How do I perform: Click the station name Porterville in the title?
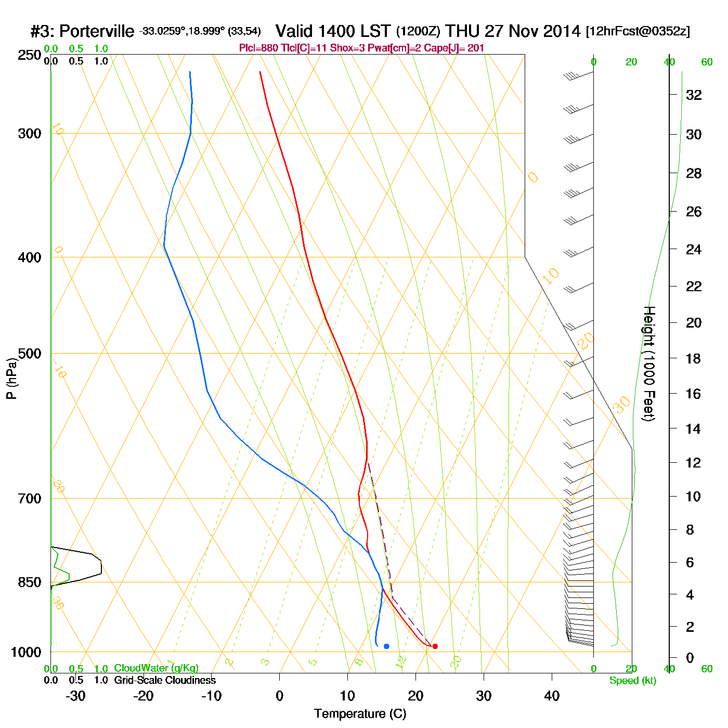click(97, 32)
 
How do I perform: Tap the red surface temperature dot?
click(435, 646)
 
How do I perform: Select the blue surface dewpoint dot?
click(386, 646)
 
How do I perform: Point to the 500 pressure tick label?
click(30, 354)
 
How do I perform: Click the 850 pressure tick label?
click(30, 582)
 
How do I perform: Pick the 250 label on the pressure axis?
click(30, 55)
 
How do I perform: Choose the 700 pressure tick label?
click(30, 499)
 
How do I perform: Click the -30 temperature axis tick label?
click(75, 696)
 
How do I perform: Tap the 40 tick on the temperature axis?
click(552, 696)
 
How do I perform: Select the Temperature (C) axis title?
click(360, 714)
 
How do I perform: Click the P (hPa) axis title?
click(11, 379)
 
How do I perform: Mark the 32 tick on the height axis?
click(694, 95)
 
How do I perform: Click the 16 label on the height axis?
click(694, 394)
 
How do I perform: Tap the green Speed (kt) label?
click(633, 681)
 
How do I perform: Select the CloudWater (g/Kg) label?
click(156, 668)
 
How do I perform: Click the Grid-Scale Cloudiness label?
click(165, 680)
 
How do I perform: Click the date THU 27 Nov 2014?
click(513, 31)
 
